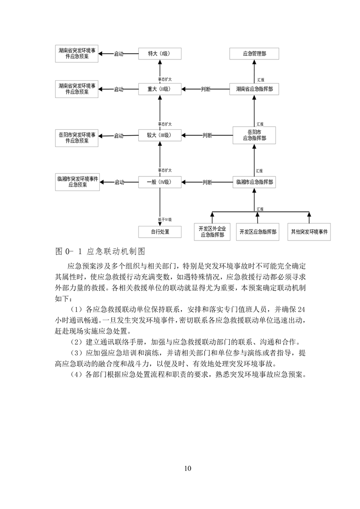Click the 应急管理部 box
click(254, 54)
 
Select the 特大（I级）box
click(160, 54)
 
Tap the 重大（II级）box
click(160, 89)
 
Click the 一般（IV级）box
click(160, 182)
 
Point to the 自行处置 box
click(160, 231)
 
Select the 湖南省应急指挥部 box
click(254, 89)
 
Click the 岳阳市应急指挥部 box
click(254, 135)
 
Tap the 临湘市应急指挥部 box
click(254, 182)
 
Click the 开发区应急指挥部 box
click(258, 231)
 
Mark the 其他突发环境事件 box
click(310, 231)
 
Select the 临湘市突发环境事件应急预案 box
click(77, 182)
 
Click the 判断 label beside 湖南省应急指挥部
click(206, 89)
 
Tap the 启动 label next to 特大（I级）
click(119, 54)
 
